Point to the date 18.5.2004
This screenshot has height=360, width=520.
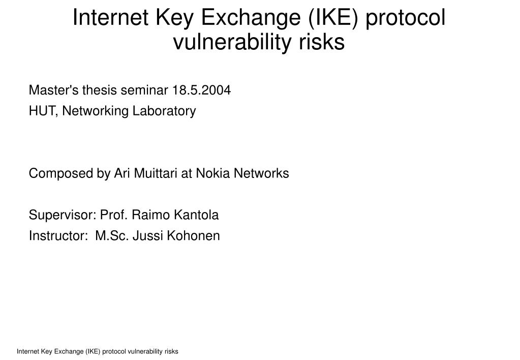[201, 90]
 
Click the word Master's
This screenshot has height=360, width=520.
[53, 90]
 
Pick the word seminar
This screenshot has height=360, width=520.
[144, 90]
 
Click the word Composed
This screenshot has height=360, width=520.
[61, 173]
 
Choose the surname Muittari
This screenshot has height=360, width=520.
[156, 173]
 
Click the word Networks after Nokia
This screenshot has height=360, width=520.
[261, 173]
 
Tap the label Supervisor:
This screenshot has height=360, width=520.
[63, 215]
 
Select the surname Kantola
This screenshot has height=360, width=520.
[196, 215]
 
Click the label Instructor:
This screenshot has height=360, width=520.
[58, 235]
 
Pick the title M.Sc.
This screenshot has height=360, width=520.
[112, 235]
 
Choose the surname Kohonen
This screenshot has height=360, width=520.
[193, 235]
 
